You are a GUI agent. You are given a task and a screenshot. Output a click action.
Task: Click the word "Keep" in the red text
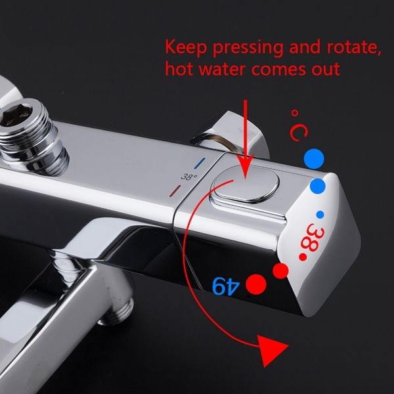pos(186,48)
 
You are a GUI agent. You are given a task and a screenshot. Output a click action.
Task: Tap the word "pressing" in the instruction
pos(248,48)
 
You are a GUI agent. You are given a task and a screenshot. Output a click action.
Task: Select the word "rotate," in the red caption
pos(354,47)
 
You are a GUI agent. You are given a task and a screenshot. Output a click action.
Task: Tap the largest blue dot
pos(314,159)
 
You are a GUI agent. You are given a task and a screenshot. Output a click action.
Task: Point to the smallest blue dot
pos(320,215)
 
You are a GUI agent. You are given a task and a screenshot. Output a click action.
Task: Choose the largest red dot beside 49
pos(256,284)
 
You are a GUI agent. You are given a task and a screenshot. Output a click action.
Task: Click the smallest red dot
pos(303,257)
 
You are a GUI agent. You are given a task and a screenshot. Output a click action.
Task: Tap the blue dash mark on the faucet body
pos(200,164)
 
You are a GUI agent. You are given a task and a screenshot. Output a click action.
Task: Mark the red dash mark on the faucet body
pos(175,190)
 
